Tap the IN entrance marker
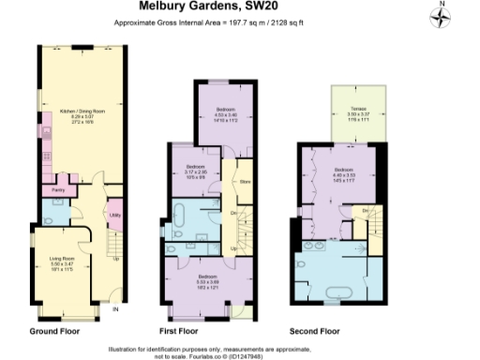coord(115,308)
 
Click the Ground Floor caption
coord(54,331)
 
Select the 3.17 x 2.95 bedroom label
coord(192,172)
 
